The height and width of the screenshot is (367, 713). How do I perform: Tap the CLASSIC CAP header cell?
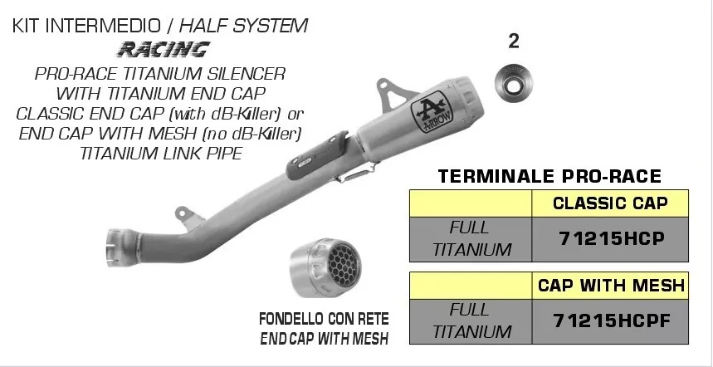(x=609, y=203)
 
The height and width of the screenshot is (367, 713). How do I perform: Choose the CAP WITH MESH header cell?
(x=609, y=286)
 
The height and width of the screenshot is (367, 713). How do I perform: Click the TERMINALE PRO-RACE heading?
(x=549, y=176)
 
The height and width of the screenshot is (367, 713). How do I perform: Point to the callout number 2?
(x=513, y=42)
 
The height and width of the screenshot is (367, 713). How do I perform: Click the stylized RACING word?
(x=163, y=49)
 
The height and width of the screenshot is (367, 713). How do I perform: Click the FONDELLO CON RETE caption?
(x=324, y=320)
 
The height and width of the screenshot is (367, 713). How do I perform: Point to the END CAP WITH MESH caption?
(x=324, y=338)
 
